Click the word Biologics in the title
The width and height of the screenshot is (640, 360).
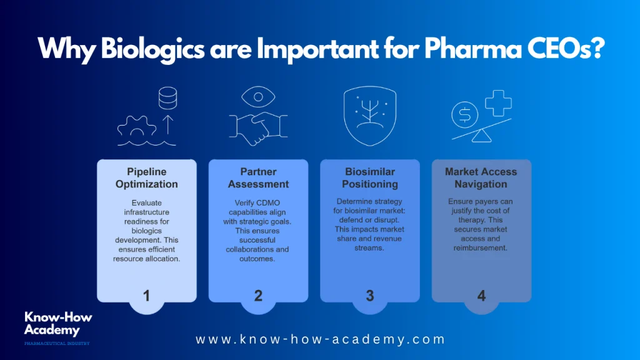coord(153,49)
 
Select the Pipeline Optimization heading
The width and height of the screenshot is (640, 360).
coord(146,178)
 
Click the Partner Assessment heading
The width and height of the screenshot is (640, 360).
coord(258,178)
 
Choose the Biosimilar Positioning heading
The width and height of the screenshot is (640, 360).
coord(370,178)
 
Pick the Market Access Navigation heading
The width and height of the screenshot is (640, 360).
coord(481,178)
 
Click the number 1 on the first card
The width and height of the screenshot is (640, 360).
coord(146,296)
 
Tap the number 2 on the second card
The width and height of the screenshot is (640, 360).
coord(258,296)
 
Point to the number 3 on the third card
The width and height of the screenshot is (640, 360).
coord(370,296)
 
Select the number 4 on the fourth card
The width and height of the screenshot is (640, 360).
coord(482,296)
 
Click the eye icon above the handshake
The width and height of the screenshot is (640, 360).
coord(258,97)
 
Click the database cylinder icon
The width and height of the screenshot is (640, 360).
coord(167,98)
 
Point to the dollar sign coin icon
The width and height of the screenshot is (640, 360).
coord(465,115)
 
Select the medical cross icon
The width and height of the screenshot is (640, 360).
coord(498,103)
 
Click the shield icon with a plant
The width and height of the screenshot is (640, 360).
coord(370,116)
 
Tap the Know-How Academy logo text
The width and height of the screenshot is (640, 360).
coord(58,323)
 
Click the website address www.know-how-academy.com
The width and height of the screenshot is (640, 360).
coord(321,339)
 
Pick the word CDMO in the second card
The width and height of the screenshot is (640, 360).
coord(269,203)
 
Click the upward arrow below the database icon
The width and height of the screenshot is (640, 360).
coord(168,124)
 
